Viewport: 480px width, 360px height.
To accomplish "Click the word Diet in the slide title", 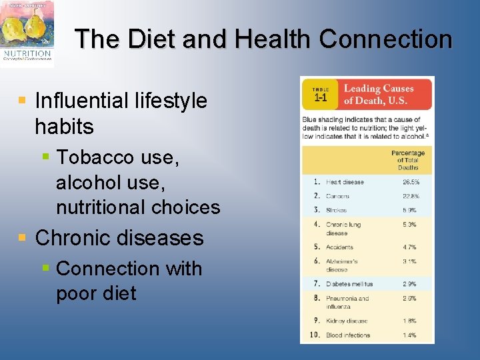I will tap(152, 39).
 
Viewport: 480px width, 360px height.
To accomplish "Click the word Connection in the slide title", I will tap(385, 39).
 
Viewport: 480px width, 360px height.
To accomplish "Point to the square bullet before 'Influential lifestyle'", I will tap(23, 101).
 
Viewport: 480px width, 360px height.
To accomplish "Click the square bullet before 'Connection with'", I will tap(45, 268).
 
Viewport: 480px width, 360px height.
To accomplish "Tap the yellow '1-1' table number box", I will tap(320, 94).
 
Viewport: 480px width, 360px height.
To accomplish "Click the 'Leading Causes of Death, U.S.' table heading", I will tap(379, 95).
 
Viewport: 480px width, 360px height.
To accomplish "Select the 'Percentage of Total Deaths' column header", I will tap(407, 160).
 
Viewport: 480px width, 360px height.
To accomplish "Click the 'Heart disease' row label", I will tap(345, 182).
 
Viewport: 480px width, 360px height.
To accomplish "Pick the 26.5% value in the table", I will tap(411, 182).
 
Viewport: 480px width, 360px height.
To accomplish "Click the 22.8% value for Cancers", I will tap(411, 197).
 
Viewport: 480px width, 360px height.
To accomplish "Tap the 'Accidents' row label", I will tap(341, 247).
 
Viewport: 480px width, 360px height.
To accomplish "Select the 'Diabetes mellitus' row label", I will tap(349, 284).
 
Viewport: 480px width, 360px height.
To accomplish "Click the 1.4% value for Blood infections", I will tap(409, 335).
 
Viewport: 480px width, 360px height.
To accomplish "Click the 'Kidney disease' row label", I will tap(346, 321).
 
